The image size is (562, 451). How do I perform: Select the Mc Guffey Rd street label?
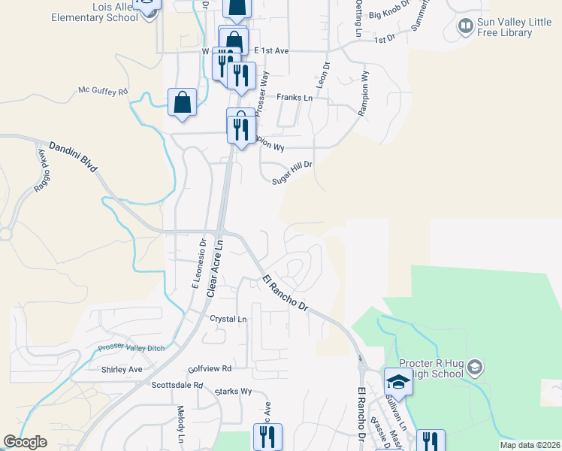pos(104,91)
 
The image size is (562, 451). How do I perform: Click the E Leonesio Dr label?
pos(198,263)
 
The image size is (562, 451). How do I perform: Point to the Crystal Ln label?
pos(228,319)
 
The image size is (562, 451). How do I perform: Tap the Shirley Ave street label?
pos(122,370)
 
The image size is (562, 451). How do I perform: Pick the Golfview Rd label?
pos(210,369)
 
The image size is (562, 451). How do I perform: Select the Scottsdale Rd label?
pos(177,385)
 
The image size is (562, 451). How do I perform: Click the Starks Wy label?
pos(233,392)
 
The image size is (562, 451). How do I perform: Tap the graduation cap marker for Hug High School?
pos(398,381)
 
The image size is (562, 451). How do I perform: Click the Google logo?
pos(26,442)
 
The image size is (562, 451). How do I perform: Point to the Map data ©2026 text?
pos(529,445)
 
